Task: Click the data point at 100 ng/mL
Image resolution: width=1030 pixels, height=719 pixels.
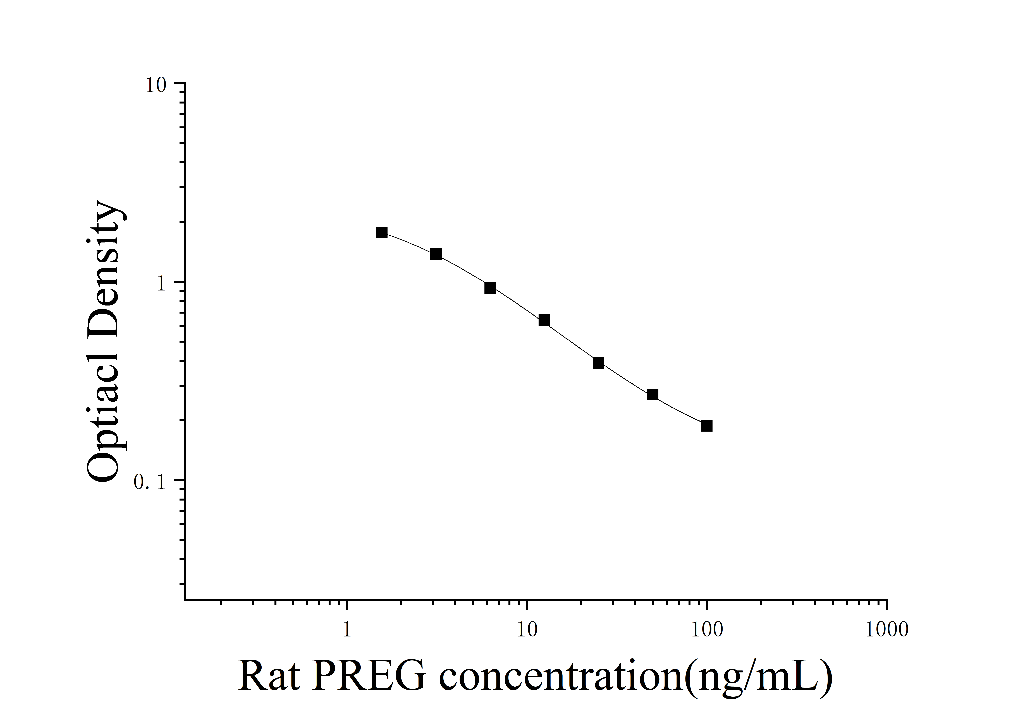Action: pyautogui.click(x=707, y=426)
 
